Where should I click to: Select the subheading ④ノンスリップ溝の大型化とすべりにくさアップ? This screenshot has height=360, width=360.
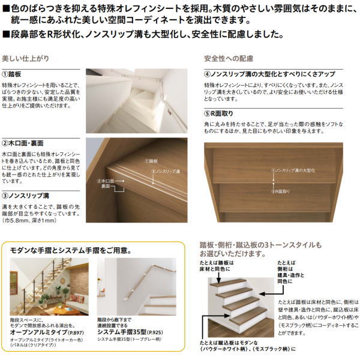click(x=269, y=74)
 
